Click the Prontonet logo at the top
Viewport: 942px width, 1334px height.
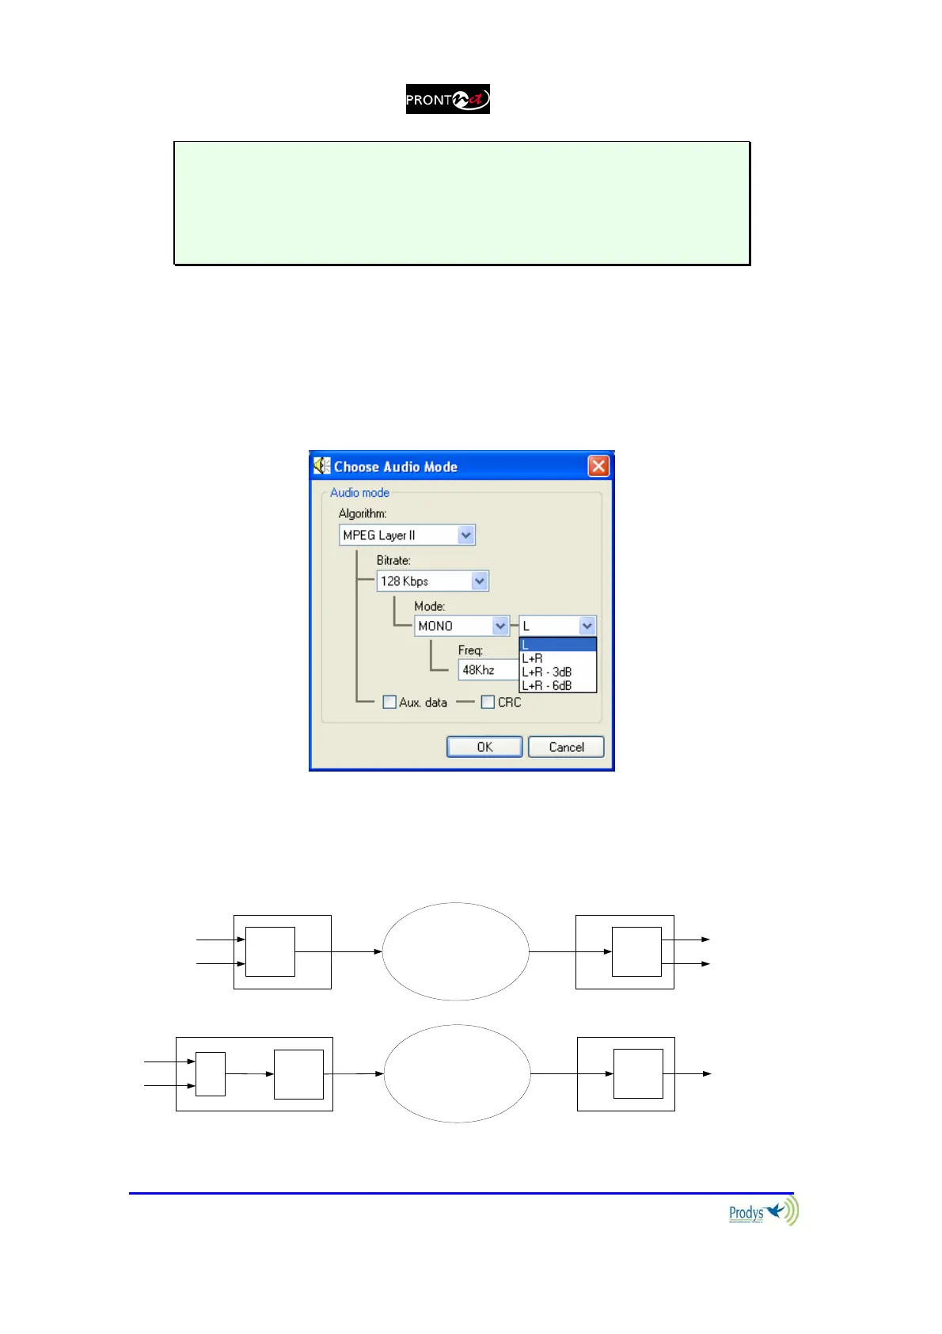447,99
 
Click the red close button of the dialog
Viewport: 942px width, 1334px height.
598,466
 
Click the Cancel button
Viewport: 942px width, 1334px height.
566,747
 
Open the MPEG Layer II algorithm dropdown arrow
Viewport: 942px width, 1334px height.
465,536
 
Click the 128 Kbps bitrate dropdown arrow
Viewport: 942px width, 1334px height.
480,581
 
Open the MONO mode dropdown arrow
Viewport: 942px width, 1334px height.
500,626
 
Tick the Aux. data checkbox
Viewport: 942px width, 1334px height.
389,702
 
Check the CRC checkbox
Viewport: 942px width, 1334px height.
488,702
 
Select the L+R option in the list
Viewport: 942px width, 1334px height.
533,658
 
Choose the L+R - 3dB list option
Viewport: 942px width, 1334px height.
546,672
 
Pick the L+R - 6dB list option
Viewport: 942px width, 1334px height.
546,685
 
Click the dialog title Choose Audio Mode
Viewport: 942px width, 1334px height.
395,467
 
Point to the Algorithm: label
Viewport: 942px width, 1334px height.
363,513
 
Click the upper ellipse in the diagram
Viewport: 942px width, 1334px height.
456,951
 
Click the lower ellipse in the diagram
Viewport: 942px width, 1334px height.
457,1073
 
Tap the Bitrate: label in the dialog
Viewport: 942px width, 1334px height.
393,560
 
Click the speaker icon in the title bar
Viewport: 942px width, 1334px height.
321,466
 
